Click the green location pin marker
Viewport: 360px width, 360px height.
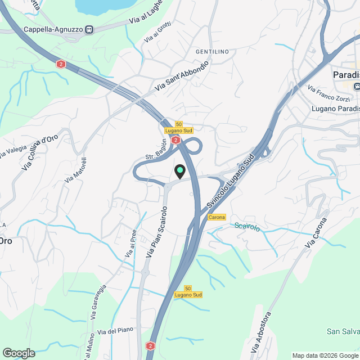coord(180,170)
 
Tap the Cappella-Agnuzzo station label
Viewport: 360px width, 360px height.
coord(53,30)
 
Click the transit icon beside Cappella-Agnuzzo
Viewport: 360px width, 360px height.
coord(89,30)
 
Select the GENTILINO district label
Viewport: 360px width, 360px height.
coord(212,52)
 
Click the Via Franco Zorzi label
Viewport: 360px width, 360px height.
coord(328,93)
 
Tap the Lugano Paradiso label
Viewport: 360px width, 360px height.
coord(335,108)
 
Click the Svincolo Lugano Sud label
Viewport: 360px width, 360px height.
coord(232,179)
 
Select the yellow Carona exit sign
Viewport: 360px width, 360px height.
coord(217,217)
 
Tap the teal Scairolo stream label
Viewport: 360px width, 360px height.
coord(247,227)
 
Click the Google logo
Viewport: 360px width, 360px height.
coord(18,353)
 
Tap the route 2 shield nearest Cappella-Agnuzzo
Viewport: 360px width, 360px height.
coord(61,64)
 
